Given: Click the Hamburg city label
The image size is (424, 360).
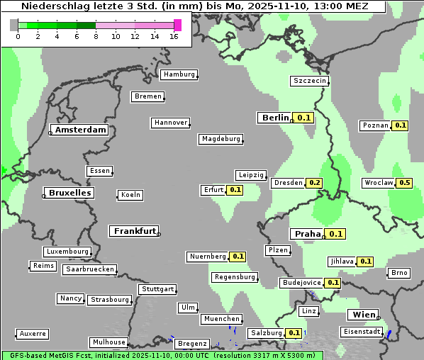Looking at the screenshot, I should pyautogui.click(x=179, y=74).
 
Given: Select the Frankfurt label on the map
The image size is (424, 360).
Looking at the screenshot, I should pyautogui.click(x=134, y=231).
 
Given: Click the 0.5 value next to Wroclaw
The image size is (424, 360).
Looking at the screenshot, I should pyautogui.click(x=405, y=183).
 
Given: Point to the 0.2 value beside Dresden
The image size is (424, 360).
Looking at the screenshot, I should pyautogui.click(x=315, y=183).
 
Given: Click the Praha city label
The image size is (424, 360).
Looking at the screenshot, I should pyautogui.click(x=308, y=234).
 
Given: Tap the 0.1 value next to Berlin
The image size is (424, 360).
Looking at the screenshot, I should pyautogui.click(x=305, y=118).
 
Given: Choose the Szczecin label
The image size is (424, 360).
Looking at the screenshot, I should pyautogui.click(x=310, y=81).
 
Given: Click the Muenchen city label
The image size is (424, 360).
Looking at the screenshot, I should pyautogui.click(x=222, y=319).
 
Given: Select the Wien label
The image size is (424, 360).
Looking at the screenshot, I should pyautogui.click(x=363, y=315).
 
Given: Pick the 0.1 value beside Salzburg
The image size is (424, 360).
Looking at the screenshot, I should pyautogui.click(x=294, y=333).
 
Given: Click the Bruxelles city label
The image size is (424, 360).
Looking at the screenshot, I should pyautogui.click(x=69, y=193).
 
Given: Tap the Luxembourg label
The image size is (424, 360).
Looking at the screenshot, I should pyautogui.click(x=67, y=252).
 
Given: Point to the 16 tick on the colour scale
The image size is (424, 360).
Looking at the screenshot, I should pyautogui.click(x=174, y=37).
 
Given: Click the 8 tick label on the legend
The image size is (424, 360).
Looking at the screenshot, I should pyautogui.click(x=96, y=37).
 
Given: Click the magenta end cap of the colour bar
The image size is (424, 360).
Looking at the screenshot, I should pyautogui.click(x=177, y=25).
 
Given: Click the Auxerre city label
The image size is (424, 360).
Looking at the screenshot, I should pyautogui.click(x=33, y=333).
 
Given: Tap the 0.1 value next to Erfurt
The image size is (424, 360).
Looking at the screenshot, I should pyautogui.click(x=235, y=190).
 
